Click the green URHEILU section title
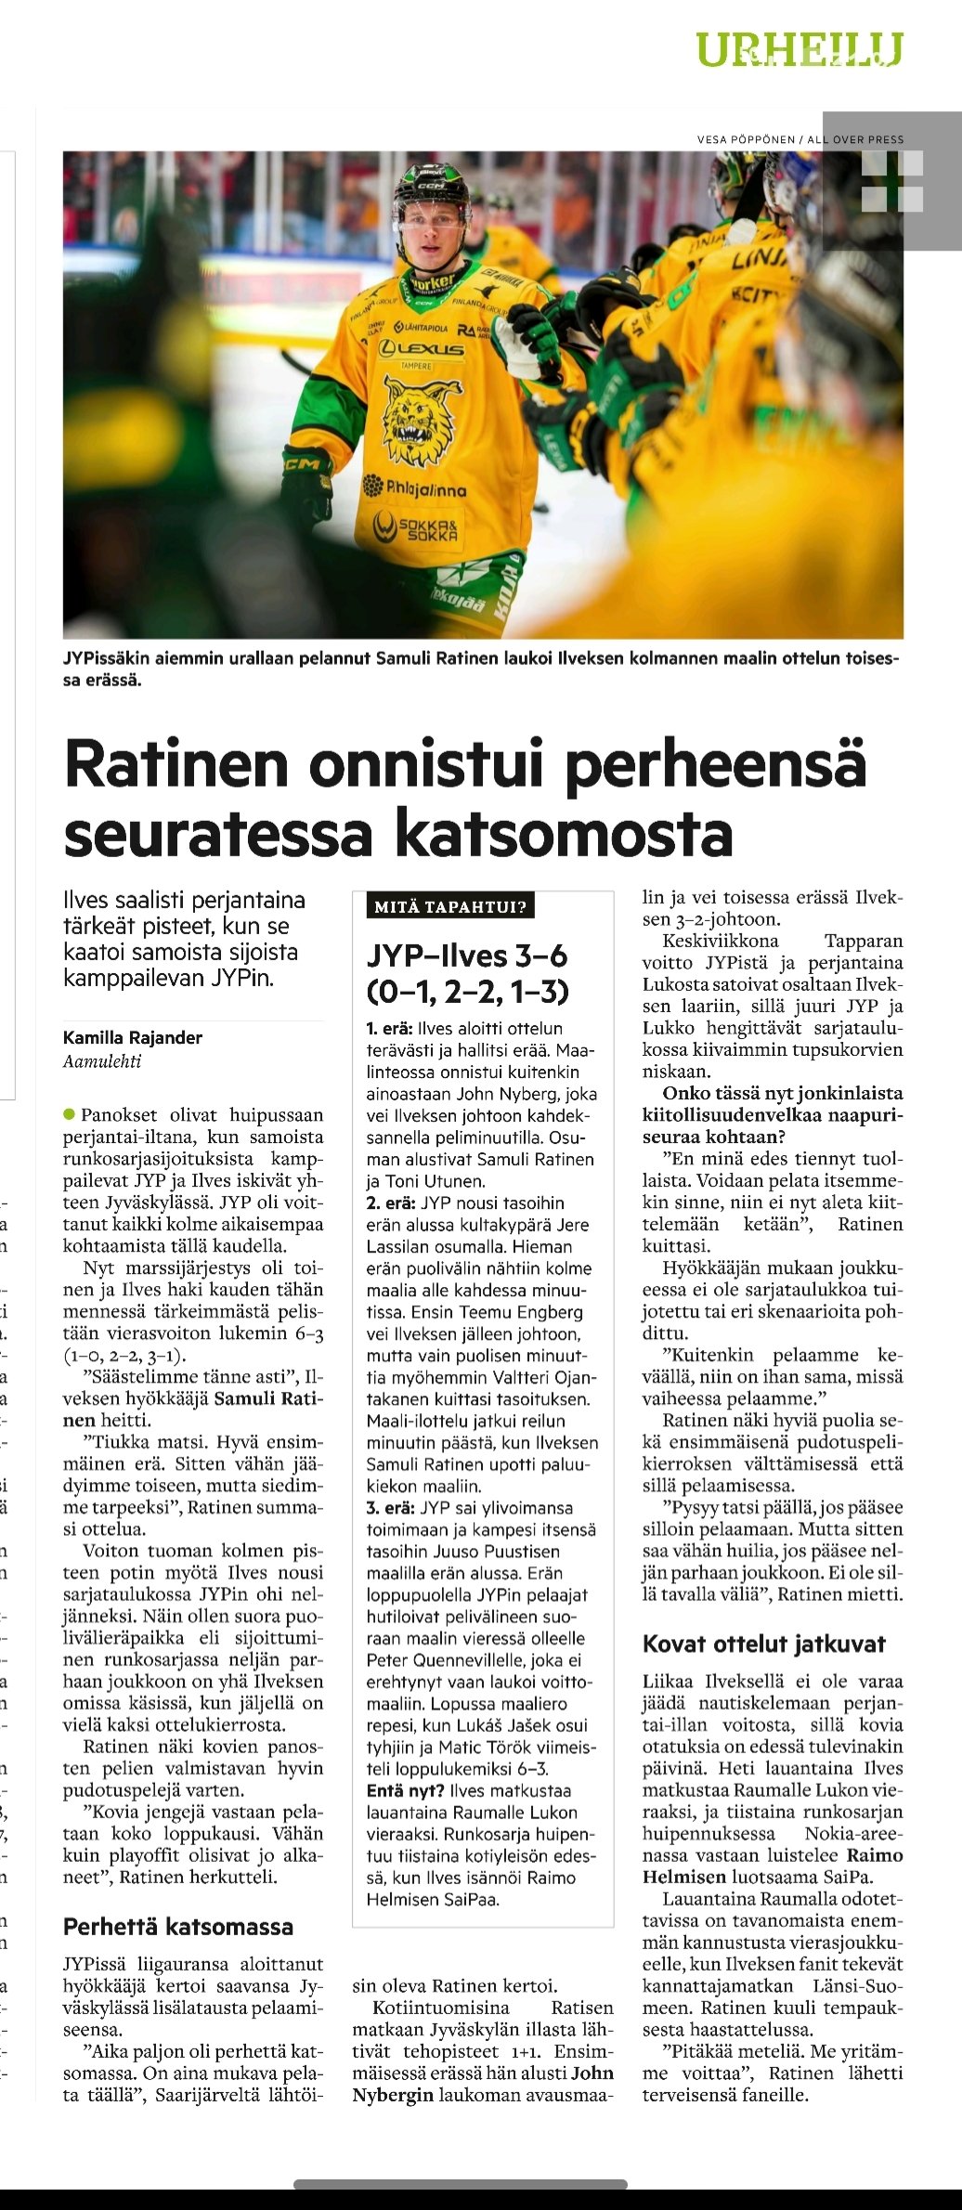[x=799, y=49]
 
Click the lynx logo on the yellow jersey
[x=422, y=419]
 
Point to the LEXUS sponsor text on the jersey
[x=421, y=349]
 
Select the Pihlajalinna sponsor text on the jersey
[x=415, y=488]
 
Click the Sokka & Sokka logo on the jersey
[x=416, y=529]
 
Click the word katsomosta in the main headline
[x=565, y=833]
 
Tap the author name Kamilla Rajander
[x=133, y=1037]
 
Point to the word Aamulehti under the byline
[x=102, y=1061]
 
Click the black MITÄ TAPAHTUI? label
[x=450, y=906]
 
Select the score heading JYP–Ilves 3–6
[x=467, y=955]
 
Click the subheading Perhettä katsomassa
[x=178, y=1927]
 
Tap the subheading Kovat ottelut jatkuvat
[x=764, y=1644]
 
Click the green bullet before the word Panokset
[x=69, y=1114]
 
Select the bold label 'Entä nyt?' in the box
[x=404, y=1790]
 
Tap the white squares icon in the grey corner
[x=892, y=181]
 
